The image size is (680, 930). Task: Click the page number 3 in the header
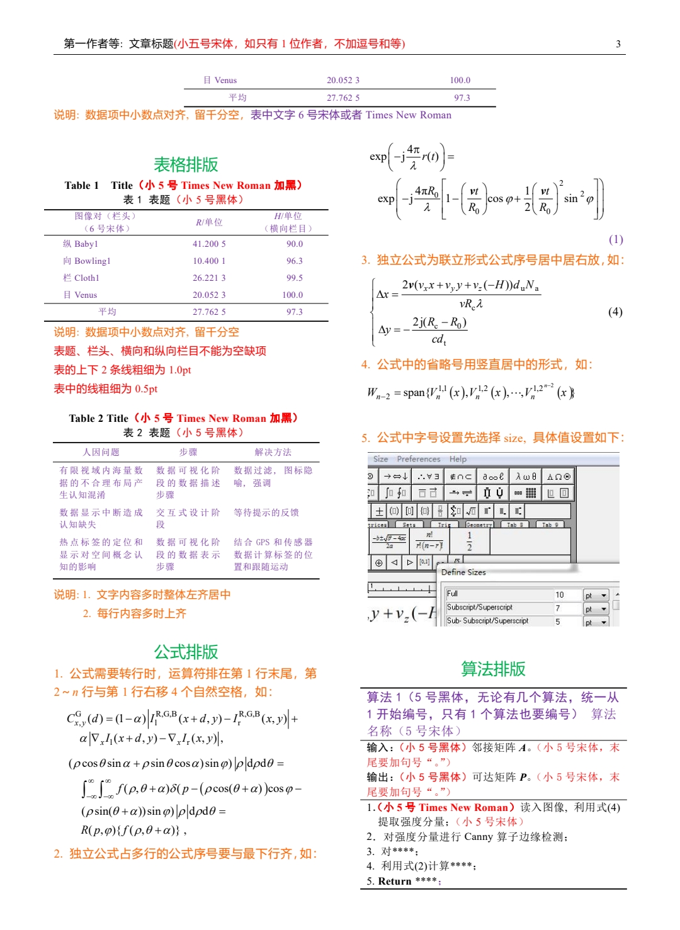[x=618, y=44]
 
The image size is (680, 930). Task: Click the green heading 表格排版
[x=186, y=164]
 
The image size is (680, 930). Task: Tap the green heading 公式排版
[x=186, y=652]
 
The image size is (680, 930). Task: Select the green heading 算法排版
[x=493, y=669]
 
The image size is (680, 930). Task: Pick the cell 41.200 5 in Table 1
[x=209, y=244]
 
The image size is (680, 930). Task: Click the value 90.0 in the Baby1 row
[x=294, y=244]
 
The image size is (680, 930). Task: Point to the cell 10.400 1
[x=209, y=261]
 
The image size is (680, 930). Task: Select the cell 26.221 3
[x=209, y=278]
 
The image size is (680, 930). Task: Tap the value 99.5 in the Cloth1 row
[x=294, y=278]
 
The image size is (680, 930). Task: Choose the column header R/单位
[x=209, y=222]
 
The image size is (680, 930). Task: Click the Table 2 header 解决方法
[x=273, y=452]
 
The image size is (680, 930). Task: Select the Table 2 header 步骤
[x=188, y=452]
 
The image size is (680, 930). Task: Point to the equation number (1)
[x=615, y=239]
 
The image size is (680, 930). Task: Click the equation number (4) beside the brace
[x=615, y=312]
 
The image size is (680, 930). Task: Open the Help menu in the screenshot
[x=458, y=459]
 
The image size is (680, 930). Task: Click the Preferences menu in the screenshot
[x=418, y=459]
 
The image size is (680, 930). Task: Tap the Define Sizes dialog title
[x=463, y=572]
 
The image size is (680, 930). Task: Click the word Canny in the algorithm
[x=478, y=837]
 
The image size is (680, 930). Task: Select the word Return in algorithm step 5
[x=394, y=881]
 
